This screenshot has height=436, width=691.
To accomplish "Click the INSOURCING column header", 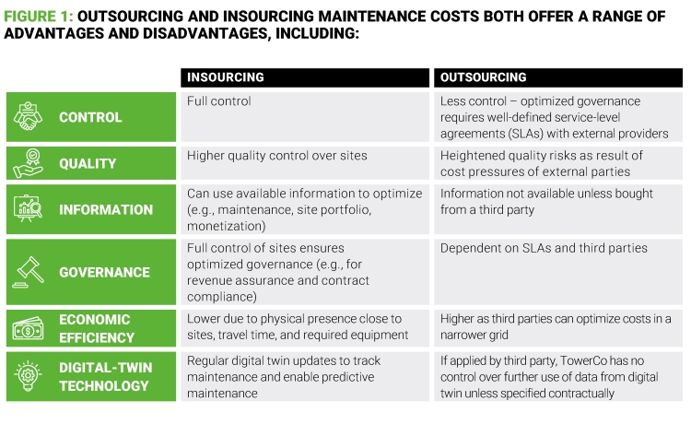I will coord(226,77).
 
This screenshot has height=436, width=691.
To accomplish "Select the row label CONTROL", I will coord(90,117).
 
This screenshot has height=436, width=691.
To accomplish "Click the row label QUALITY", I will coord(88,163).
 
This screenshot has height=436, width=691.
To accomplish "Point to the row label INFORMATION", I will coord(106,209).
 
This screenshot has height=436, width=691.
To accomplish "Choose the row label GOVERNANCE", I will coord(104,272).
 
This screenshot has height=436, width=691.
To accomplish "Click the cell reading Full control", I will coord(219,100).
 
